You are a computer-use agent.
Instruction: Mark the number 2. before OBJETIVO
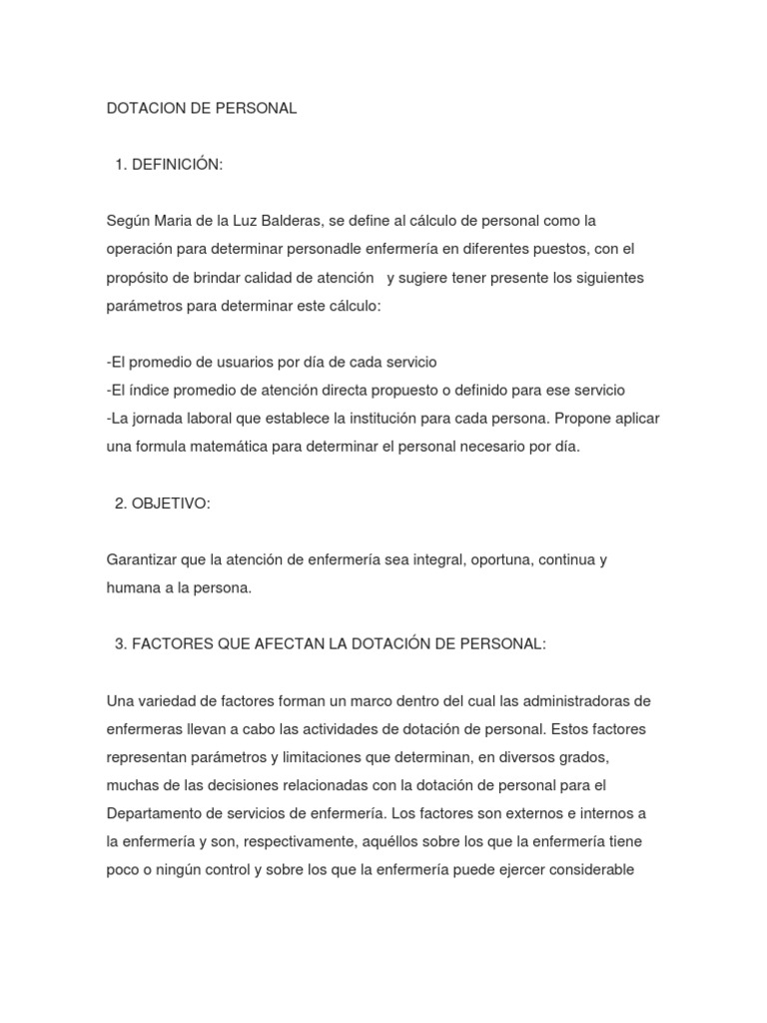pyautogui.click(x=122, y=503)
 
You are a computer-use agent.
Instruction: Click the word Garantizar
pyautogui.click(x=142, y=559)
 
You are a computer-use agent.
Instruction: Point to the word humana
pyautogui.click(x=133, y=588)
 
